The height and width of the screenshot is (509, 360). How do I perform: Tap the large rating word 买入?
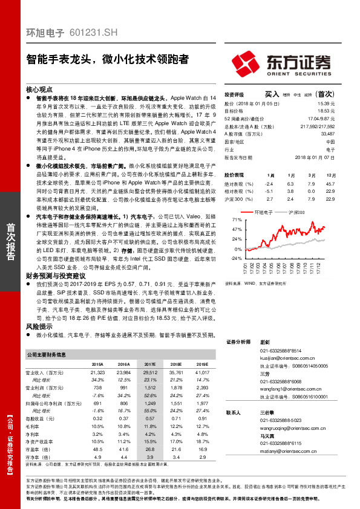(x=272, y=94)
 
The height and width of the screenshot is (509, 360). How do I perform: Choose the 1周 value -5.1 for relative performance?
(x=269, y=190)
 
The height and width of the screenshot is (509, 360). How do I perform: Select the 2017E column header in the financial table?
(x=150, y=364)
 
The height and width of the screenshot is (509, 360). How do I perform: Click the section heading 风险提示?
(x=39, y=325)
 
